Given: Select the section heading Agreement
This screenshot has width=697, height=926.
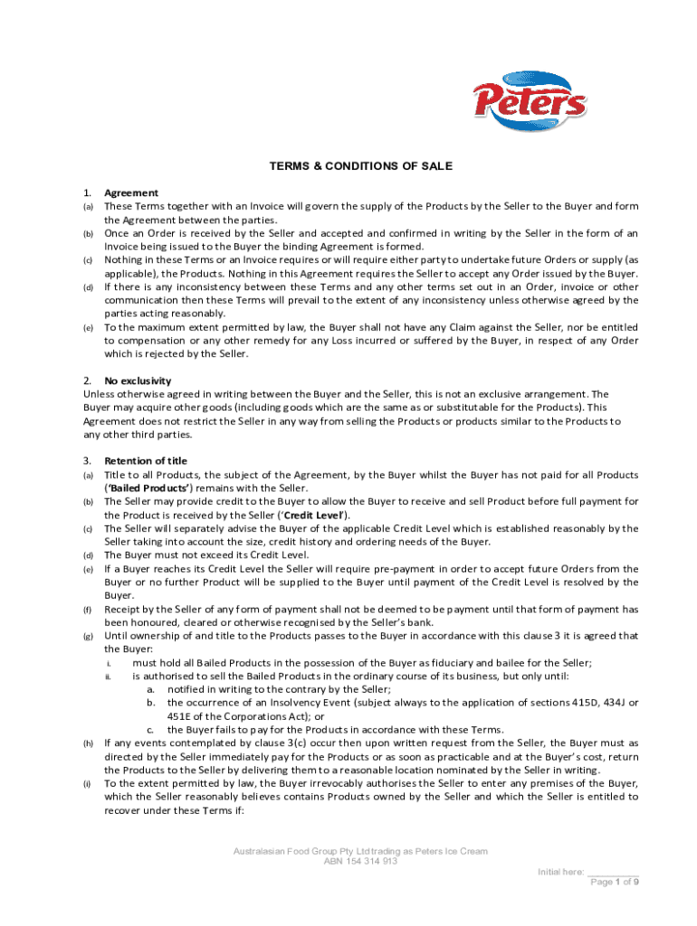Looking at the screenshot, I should [x=131, y=193].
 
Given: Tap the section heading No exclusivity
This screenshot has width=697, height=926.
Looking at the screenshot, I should [x=138, y=381].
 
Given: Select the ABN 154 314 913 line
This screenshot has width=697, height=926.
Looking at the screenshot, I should [x=360, y=862].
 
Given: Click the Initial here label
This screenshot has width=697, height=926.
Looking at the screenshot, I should [x=562, y=872].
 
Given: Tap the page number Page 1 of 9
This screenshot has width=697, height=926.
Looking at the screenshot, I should [x=615, y=883].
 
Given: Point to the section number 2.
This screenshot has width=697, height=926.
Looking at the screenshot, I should [x=87, y=381].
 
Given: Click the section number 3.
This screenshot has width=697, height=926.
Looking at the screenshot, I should [x=87, y=461].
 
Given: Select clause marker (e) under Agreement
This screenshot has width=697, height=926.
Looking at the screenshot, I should [x=89, y=327].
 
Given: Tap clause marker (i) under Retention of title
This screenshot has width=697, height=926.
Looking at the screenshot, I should [x=88, y=784].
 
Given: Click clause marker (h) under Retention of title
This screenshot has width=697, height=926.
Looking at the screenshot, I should [x=89, y=743].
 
